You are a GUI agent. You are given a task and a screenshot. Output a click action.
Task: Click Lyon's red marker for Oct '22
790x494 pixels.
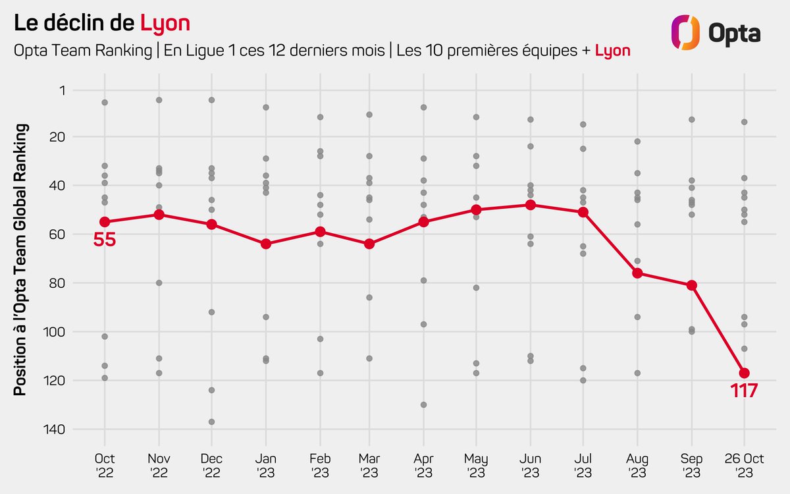pyautogui.click(x=105, y=222)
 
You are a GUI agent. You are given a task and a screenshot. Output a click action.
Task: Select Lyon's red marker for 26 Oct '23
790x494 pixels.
pyautogui.click(x=745, y=373)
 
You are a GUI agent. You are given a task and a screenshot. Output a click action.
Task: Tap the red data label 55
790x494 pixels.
pyautogui.click(x=105, y=240)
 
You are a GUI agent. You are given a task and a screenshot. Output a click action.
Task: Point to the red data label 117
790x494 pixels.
pyautogui.click(x=745, y=391)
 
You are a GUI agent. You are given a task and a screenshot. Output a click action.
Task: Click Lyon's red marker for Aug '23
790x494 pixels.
pyautogui.click(x=637, y=273)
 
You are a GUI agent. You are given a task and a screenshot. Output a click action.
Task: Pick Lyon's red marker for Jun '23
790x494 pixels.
pyautogui.click(x=531, y=205)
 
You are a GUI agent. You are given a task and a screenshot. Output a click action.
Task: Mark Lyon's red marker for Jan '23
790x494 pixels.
pyautogui.click(x=266, y=244)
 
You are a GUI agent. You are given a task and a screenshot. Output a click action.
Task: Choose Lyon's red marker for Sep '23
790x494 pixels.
pyautogui.click(x=691, y=285)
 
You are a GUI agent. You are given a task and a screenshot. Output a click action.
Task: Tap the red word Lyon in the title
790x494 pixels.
pyautogui.click(x=165, y=24)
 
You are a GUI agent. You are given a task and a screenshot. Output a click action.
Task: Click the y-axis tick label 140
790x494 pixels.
pyautogui.click(x=64, y=429)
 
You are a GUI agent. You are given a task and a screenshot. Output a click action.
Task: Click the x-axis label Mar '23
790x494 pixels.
pyautogui.click(x=369, y=465)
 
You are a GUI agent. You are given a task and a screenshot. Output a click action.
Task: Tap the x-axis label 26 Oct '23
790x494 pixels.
pyautogui.click(x=745, y=465)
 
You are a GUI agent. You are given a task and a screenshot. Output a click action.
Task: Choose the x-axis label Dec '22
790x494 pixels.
pyautogui.click(x=212, y=465)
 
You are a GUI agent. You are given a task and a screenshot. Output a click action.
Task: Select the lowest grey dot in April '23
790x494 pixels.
pyautogui.click(x=424, y=404)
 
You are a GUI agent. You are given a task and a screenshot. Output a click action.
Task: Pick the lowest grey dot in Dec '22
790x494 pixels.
pyautogui.click(x=212, y=422)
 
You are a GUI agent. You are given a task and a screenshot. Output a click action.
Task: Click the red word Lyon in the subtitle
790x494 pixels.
pyautogui.click(x=613, y=51)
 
